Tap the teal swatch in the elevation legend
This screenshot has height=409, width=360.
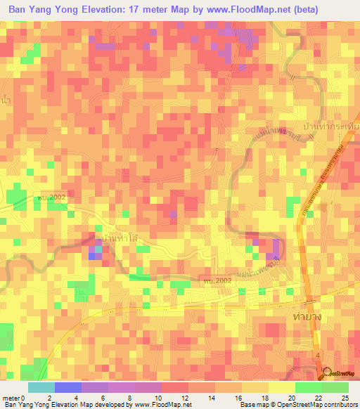(x=41, y=387)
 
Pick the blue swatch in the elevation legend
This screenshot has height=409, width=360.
(x=67, y=387)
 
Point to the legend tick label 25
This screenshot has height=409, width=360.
(x=344, y=397)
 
